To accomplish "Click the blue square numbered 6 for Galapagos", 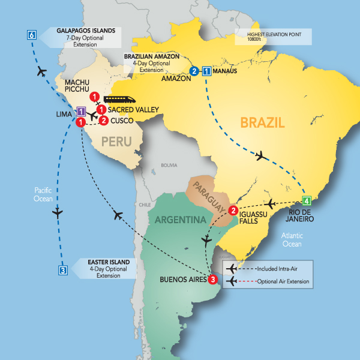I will click(31, 35).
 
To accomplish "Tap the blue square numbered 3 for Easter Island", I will click(62, 269).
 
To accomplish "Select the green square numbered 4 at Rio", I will click(307, 200).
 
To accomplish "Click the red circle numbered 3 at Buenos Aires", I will click(212, 278).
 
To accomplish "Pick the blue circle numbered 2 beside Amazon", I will click(194, 71).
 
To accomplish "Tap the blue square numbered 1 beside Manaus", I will click(207, 71).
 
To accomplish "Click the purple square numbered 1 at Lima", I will click(80, 110).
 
